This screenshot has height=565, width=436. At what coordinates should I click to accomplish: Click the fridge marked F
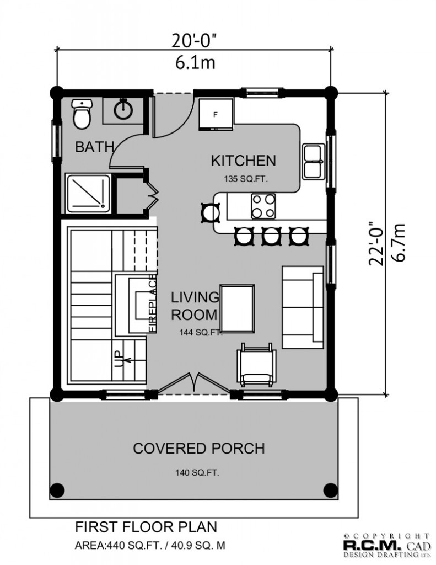click(x=216, y=114)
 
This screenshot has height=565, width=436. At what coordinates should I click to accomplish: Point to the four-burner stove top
click(x=263, y=206)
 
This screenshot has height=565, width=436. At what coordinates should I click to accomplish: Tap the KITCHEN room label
click(x=244, y=161)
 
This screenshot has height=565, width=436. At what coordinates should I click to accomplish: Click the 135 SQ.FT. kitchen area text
click(x=246, y=179)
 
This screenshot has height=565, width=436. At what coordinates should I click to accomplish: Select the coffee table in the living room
click(x=237, y=308)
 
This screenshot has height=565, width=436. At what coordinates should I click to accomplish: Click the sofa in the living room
click(x=303, y=307)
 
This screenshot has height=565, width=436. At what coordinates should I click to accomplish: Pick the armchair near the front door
click(x=256, y=365)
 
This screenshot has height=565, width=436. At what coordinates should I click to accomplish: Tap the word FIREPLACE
click(x=153, y=303)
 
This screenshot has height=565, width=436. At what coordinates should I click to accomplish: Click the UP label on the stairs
click(x=118, y=359)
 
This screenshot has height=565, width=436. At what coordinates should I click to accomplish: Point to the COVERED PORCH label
click(x=199, y=448)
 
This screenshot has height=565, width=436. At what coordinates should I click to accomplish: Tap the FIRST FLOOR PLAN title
click(x=146, y=527)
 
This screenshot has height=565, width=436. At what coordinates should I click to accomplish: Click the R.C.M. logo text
click(x=372, y=545)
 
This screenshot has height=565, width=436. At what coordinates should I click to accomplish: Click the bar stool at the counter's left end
click(x=210, y=213)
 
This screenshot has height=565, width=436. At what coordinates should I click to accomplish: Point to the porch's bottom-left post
click(x=57, y=491)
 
